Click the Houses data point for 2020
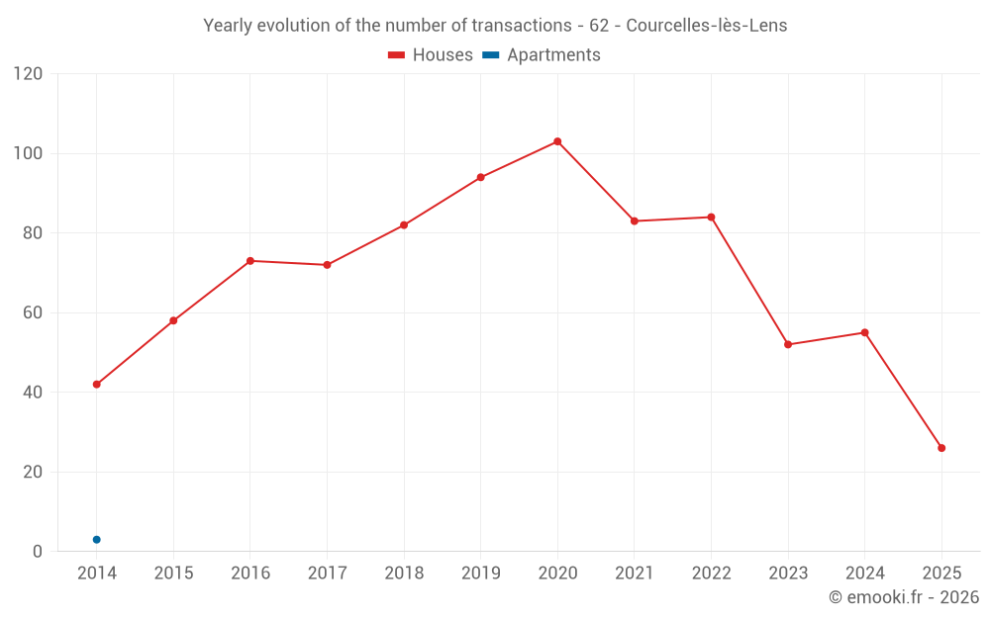(557, 141)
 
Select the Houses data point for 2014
(96, 384)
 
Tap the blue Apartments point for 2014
(96, 539)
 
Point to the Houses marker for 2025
(941, 448)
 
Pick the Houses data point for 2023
(788, 344)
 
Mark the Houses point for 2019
(480, 178)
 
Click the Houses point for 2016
(249, 261)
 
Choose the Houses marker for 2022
(711, 218)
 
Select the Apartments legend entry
(553, 55)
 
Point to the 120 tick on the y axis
(29, 74)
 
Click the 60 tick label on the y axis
(33, 312)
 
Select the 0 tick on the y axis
(38, 551)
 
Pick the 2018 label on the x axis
(404, 574)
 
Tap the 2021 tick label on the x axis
(635, 574)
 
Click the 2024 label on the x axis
(864, 574)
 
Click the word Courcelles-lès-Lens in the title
(707, 26)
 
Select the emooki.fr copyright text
(904, 597)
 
